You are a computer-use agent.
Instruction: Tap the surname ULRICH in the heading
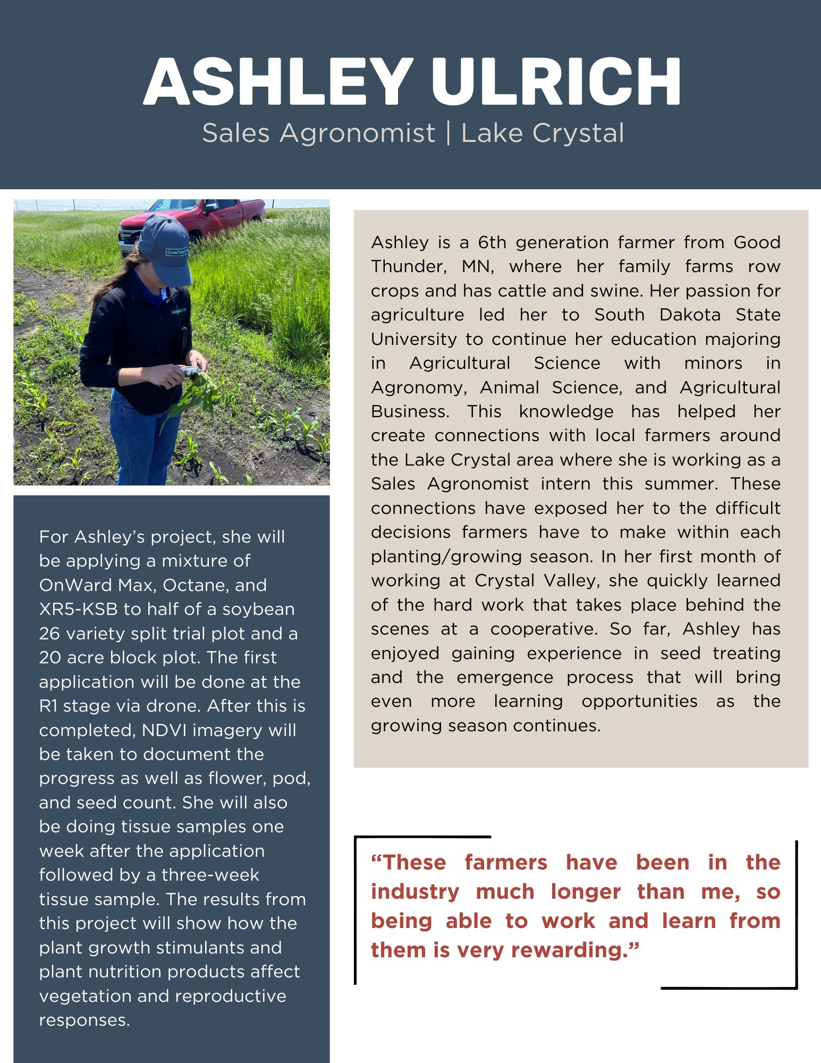556,82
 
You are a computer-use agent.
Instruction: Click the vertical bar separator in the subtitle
448,132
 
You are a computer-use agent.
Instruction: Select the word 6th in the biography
492,242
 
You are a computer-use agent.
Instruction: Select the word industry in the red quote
415,891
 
